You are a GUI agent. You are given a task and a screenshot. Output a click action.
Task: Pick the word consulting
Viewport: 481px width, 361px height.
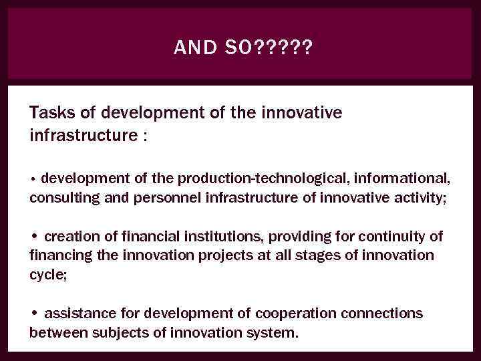pos(60,198)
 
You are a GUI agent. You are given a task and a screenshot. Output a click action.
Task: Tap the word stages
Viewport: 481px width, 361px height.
pos(299,255)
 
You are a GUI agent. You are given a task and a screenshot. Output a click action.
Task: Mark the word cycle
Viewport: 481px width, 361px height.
pos(47,275)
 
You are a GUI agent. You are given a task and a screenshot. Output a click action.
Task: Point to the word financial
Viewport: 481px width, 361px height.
pos(142,237)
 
